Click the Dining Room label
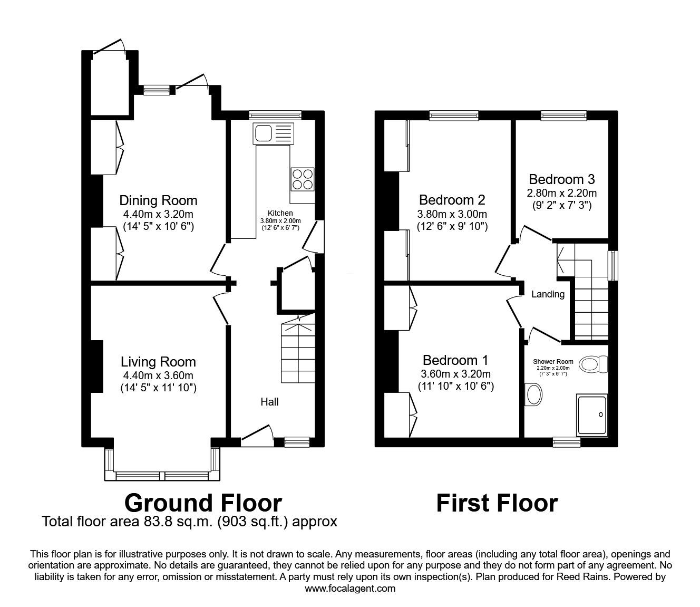coord(158,200)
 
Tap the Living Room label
coord(158,362)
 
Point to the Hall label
coord(269,402)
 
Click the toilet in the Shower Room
coord(592,364)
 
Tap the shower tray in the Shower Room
coord(592,416)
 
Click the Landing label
coord(548,294)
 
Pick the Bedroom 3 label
coord(562,179)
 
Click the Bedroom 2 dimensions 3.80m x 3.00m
coord(452,214)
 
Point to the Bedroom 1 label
coord(455,360)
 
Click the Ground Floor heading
coord(203,503)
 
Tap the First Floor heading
coord(497,503)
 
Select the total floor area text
coord(189,522)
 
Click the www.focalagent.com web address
coord(350,589)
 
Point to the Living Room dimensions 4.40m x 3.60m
coord(158,375)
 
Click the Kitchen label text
coord(280,214)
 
